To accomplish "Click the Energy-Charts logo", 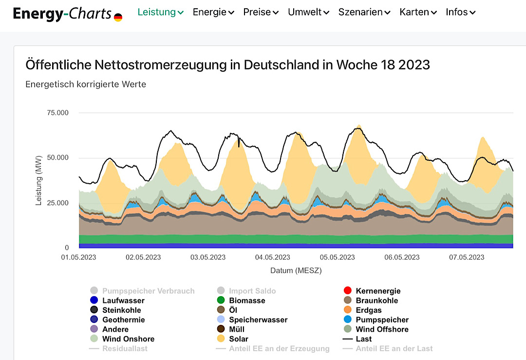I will point(62,14).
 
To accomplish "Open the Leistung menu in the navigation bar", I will point(160,12).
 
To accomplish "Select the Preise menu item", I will point(261,12).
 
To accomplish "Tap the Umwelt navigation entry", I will point(308,12).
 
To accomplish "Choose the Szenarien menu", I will point(364,12).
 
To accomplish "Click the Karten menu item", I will point(418,12).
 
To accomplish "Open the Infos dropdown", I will point(460,12).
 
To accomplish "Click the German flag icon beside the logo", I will point(118,18).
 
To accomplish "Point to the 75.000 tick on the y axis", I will point(57,113).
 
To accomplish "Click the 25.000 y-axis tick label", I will point(57,203).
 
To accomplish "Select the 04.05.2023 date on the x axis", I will point(273,257).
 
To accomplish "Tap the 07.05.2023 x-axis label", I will point(466,257).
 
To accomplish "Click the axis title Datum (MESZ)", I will point(296,270).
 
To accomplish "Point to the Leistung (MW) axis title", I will point(38,180).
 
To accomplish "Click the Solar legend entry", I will point(239,339).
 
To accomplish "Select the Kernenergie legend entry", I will point(378,291).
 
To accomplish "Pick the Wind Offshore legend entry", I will point(382,329).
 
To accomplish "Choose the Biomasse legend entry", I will point(247,301).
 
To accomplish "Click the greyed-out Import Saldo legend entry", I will point(252,291).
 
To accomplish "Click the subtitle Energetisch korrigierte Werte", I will point(86,84).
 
